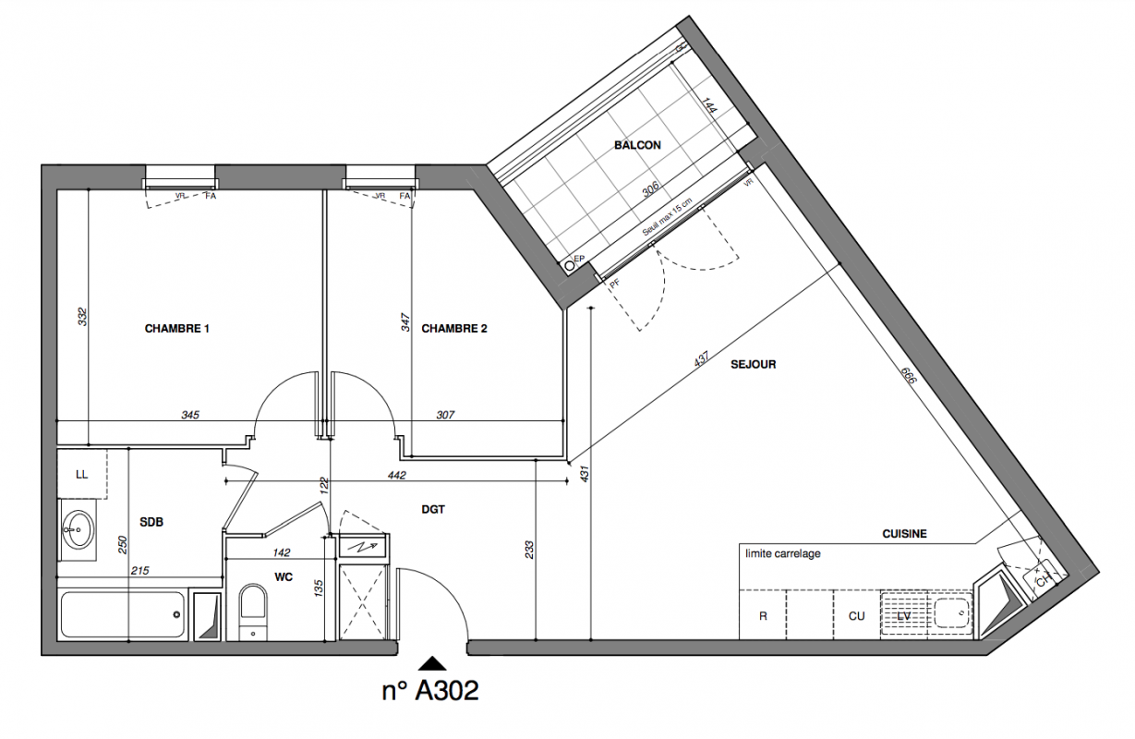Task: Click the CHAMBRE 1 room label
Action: pos(176,329)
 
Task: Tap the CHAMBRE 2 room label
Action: pos(454,329)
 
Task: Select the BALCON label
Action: pos(637,145)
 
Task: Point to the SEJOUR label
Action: pos(753,365)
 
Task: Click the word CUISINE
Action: pos(904,534)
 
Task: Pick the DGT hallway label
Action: pos(433,509)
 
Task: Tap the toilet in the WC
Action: pos(252,612)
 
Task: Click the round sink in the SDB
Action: pos(78,528)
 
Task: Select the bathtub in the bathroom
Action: pos(122,615)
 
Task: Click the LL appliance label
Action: pos(81,475)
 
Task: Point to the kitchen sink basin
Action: pos(951,612)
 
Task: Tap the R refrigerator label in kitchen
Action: pos(763,616)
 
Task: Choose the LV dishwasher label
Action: pos(904,616)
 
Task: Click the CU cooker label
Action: pos(856,616)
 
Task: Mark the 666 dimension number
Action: pos(909,375)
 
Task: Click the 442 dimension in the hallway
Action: pos(397,475)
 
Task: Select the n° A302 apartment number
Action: pos(430,690)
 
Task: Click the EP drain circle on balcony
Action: pos(570,265)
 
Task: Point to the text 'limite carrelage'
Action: pos(783,554)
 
